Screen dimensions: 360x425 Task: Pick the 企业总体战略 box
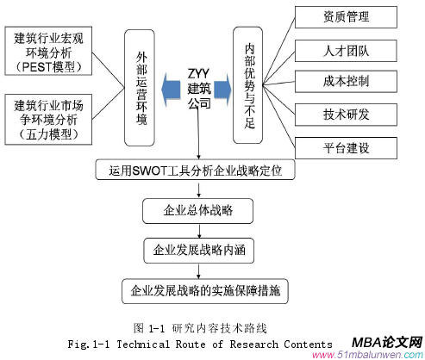coord(197,210)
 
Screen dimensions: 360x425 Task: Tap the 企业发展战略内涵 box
coord(197,251)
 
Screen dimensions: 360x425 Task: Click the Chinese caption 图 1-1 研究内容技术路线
coord(201,327)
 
